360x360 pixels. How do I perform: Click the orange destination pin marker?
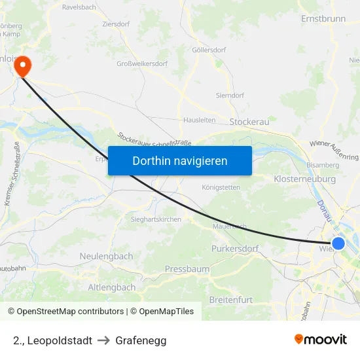coord(23,64)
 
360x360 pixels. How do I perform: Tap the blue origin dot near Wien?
coord(338,243)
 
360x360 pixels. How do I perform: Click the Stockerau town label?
coord(249,121)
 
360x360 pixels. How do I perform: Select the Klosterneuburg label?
coord(304,179)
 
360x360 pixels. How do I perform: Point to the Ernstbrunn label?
coord(323,18)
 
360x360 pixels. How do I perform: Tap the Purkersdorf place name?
coord(235,249)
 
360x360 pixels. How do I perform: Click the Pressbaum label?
coord(187,269)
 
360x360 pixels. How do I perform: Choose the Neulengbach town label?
coord(106,256)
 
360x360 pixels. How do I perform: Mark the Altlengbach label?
coord(112,287)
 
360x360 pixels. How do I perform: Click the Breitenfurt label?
coord(230,299)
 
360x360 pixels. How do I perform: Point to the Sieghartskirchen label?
coord(156,219)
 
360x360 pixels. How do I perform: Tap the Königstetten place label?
coord(221,187)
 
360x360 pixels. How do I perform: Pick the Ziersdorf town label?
coord(116,24)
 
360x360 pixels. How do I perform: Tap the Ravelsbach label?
coord(80,7)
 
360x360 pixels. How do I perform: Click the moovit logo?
coord(320,340)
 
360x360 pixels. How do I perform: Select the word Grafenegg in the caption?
coord(141,340)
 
